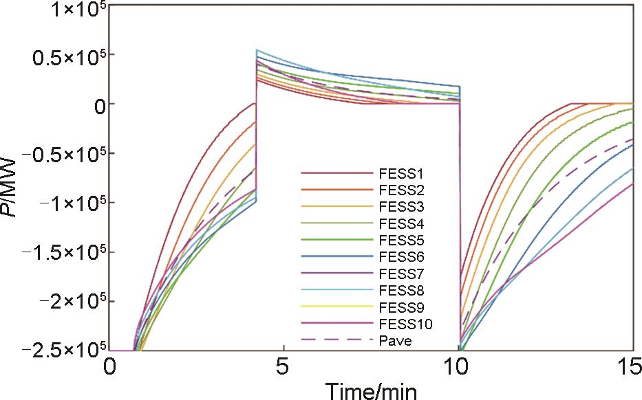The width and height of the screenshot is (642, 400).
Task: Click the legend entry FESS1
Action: click(x=402, y=173)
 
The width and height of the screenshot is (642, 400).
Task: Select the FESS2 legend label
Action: click(x=402, y=190)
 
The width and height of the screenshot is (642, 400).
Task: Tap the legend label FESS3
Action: click(x=402, y=206)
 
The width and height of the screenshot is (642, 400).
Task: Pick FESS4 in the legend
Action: click(x=402, y=223)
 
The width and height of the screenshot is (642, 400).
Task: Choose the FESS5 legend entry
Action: click(x=402, y=240)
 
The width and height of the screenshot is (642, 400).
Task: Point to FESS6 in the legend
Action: click(x=402, y=257)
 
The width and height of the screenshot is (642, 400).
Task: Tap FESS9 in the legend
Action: click(x=402, y=307)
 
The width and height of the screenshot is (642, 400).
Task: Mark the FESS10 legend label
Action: click(x=405, y=324)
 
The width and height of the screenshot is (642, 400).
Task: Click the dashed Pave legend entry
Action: click(x=395, y=340)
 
